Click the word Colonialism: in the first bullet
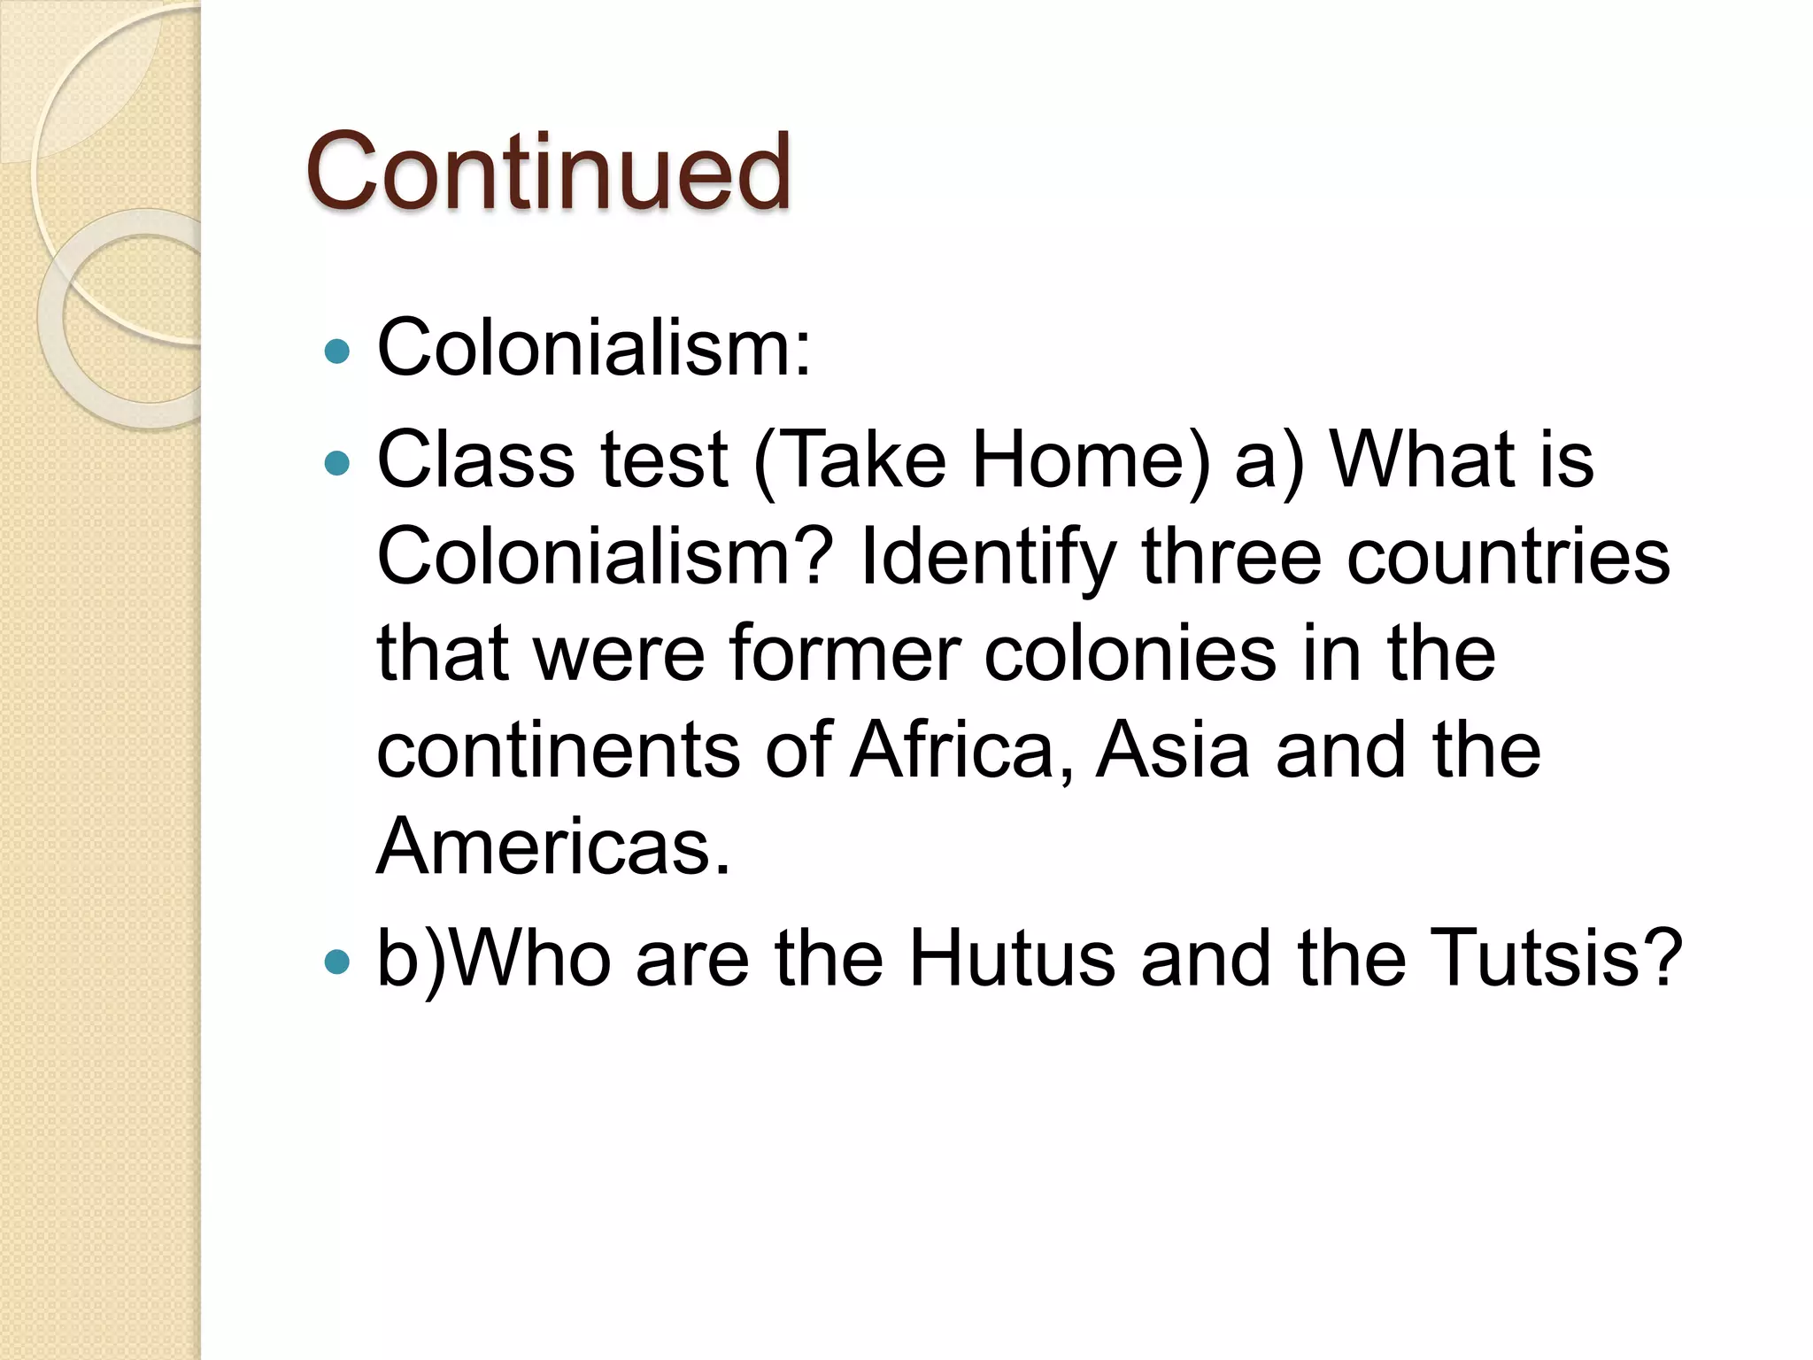pos(593,348)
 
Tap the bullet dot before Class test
pos(337,462)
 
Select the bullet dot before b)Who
pos(337,962)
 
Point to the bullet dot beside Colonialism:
pos(337,352)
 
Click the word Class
pos(476,460)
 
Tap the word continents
pos(558,751)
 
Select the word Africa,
pos(963,751)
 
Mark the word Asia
pos(1173,751)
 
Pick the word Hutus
pos(1012,959)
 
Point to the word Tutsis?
pos(1555,959)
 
